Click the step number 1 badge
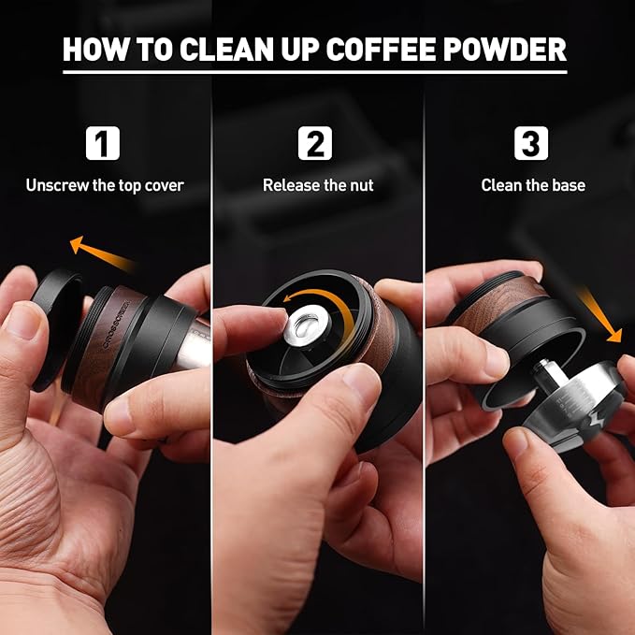pos(103,144)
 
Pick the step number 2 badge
pos(316,144)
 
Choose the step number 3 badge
pos(530,144)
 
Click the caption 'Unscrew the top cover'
pos(105,185)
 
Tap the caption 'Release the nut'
pos(318,185)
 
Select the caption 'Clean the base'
pos(533,185)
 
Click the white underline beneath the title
pos(314,72)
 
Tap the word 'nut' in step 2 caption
pos(361,185)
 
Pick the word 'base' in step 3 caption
pos(567,185)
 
